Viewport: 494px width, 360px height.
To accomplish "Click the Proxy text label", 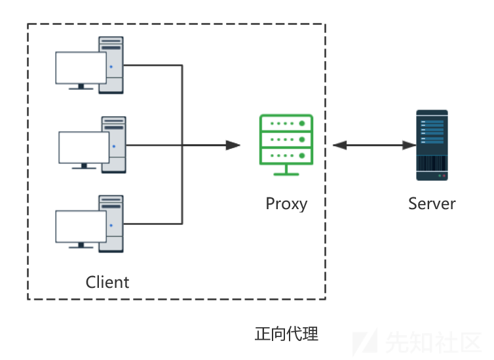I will point(286,203).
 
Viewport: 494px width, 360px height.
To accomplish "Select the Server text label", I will point(432,203).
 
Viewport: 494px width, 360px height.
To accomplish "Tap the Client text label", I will point(107,282).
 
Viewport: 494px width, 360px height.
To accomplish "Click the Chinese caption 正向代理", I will point(286,334).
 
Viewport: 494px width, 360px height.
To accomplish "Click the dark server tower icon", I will point(432,145).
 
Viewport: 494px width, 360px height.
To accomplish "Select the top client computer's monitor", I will point(81,68).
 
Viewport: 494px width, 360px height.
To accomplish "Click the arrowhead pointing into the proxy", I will point(233,145).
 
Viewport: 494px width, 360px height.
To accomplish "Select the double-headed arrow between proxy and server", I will point(373,145).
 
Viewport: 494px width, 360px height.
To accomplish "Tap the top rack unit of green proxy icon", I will point(286,123).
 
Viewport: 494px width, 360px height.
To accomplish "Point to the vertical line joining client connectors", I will point(181,144).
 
